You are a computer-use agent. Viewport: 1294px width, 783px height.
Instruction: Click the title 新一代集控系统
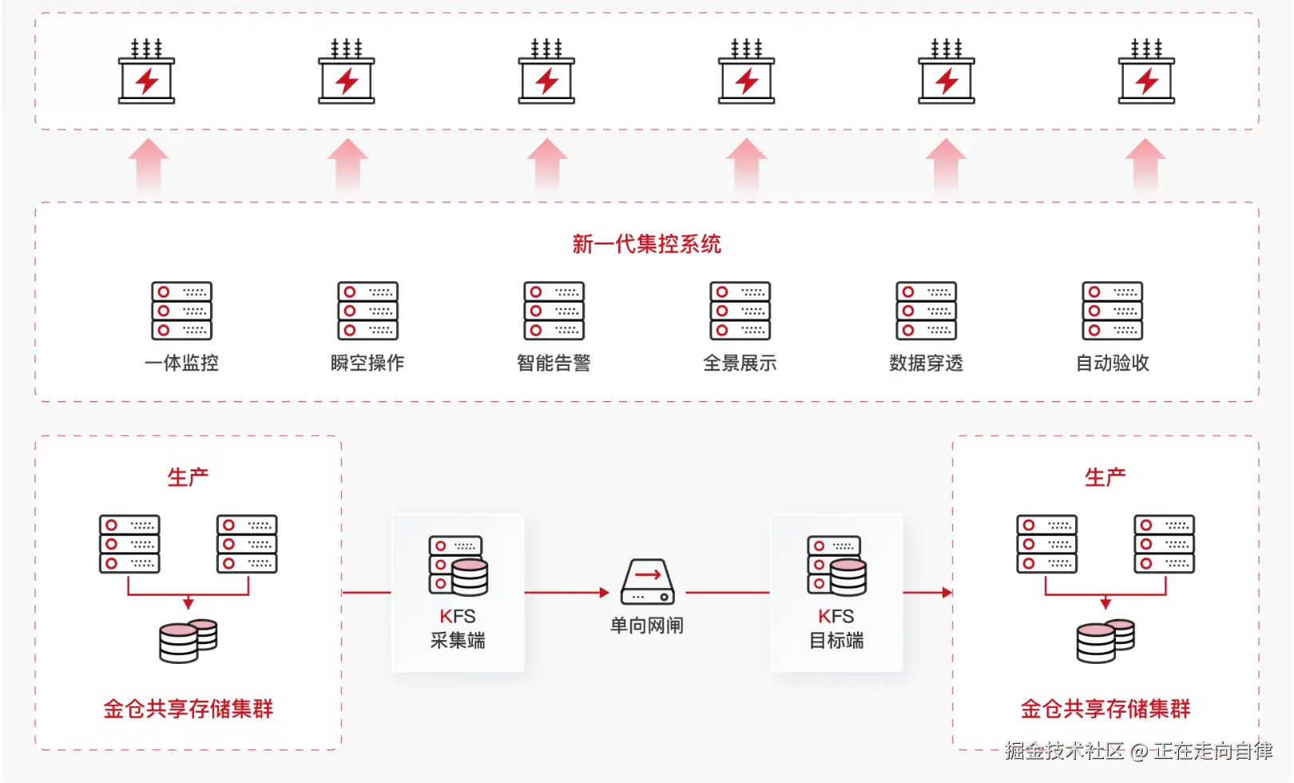[x=646, y=244]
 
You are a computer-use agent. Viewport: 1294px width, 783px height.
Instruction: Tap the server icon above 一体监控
[x=182, y=311]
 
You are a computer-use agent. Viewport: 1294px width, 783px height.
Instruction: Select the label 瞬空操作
[x=367, y=363]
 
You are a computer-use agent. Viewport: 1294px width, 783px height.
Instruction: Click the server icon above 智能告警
[x=554, y=311]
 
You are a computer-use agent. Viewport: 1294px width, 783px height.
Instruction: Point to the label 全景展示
[x=740, y=363]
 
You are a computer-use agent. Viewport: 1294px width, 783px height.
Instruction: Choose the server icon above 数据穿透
[x=927, y=311]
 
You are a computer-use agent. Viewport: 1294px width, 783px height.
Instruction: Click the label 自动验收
[x=1113, y=363]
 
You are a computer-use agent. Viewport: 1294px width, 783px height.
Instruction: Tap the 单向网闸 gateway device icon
[x=648, y=581]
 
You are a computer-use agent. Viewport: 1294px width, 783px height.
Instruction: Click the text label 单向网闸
[x=647, y=626]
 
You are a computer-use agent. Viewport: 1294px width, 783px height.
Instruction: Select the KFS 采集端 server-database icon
[x=458, y=566]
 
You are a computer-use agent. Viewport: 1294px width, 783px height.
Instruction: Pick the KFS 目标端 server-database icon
[x=836, y=566]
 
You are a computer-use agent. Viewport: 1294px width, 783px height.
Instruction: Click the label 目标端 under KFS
[x=836, y=641]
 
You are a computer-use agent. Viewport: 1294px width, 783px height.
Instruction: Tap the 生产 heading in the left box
[x=189, y=477]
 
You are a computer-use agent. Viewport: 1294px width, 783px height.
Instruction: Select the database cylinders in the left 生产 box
[x=189, y=641]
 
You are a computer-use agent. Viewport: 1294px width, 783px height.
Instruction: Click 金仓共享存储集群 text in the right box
[x=1105, y=709]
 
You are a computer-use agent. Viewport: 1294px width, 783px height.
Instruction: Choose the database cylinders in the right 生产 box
[x=1105, y=641]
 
